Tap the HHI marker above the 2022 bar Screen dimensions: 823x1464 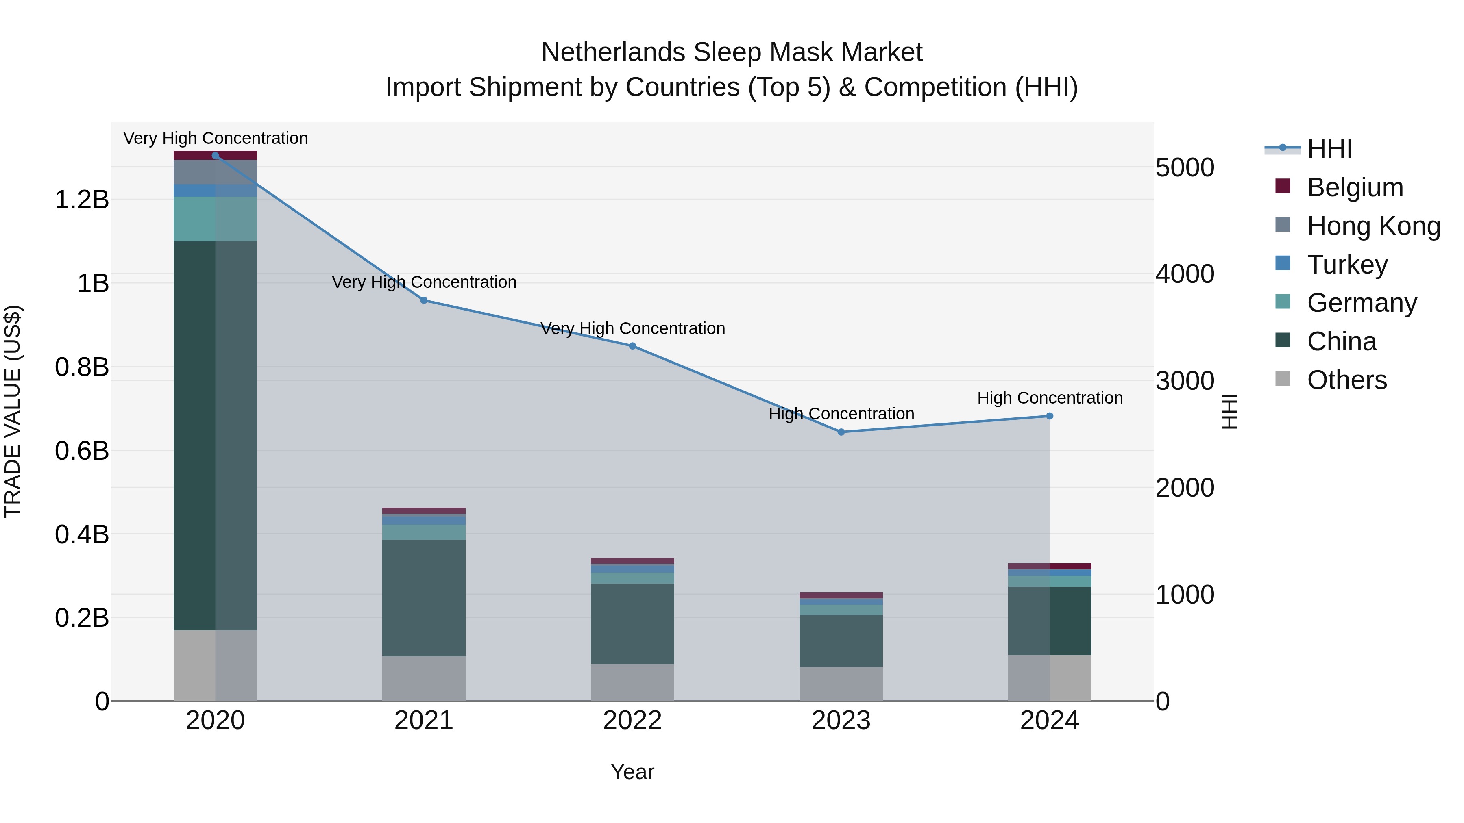coord(632,346)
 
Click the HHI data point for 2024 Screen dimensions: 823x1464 coord(1049,416)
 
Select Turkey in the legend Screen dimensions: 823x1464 coord(1347,265)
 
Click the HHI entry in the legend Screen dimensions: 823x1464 coord(1329,149)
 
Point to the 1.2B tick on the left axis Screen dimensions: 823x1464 coord(82,200)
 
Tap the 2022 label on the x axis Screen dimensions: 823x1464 coord(632,721)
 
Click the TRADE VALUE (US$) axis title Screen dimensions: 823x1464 coord(13,411)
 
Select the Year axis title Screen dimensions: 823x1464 coord(632,772)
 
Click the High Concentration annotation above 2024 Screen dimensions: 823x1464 coord(1049,398)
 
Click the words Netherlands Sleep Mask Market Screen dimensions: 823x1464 coord(732,52)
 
